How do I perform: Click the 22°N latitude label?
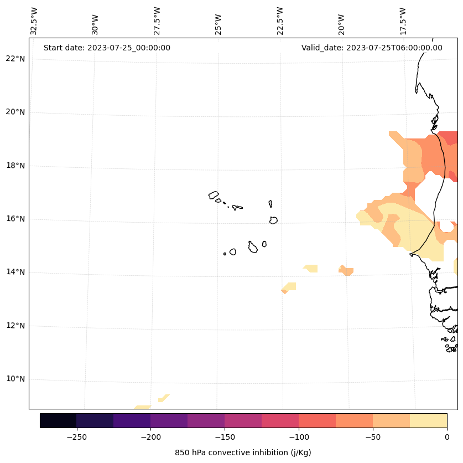15,59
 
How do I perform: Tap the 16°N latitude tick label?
15,219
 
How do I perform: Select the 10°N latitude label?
15,379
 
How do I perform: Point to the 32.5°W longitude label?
34,20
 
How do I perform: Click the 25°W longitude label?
219,24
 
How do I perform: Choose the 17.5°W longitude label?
403,20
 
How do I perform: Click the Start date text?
107,48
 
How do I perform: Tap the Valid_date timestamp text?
372,48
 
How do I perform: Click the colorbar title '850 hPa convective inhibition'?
243,452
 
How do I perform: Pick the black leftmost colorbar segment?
58,420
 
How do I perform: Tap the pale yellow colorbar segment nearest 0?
428,420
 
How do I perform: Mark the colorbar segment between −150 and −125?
243,420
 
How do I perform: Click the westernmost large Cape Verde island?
214,195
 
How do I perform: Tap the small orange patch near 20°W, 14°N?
346,271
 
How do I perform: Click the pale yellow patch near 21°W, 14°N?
311,269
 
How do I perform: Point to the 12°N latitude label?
15,326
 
